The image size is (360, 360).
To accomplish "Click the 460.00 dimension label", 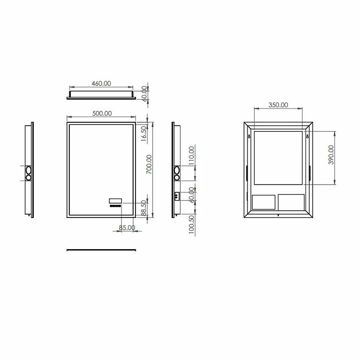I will point(101,83).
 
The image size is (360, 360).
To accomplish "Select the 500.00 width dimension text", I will point(102,113).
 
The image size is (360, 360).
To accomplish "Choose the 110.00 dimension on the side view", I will point(191,155).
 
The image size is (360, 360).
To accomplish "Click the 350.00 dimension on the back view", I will point(278,105).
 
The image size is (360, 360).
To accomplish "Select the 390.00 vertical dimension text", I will point(331,155).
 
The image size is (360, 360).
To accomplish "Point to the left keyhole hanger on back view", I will point(249,136).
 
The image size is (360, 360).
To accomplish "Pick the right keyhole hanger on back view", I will point(307,136).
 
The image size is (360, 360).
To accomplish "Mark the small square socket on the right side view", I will point(176,196).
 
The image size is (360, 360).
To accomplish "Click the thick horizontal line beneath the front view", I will point(102,250).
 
